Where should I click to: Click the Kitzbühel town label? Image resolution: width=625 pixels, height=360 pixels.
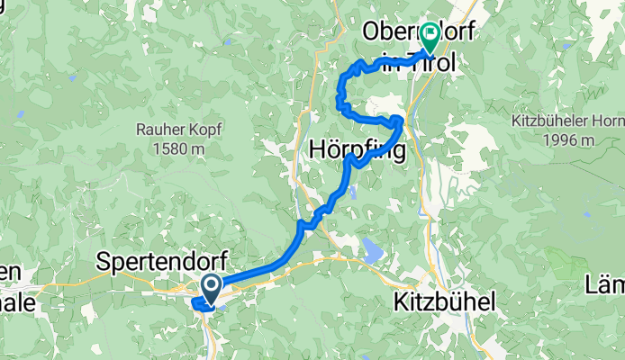[444, 303]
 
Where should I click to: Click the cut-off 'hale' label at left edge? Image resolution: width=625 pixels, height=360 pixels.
[18, 303]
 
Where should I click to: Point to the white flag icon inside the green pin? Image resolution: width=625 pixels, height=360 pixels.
[430, 35]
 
